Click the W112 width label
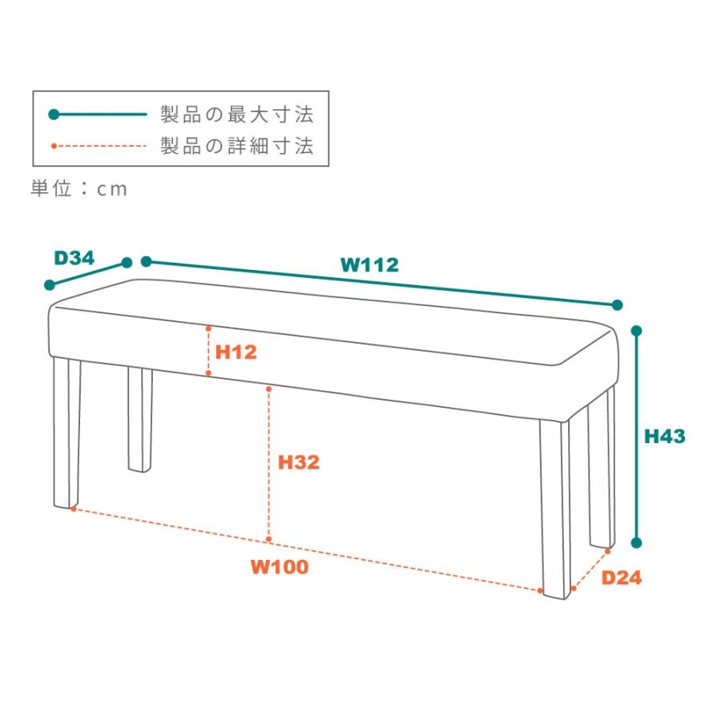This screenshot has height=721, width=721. (369, 265)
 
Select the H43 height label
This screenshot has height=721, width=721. (664, 436)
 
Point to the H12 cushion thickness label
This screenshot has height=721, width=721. (236, 352)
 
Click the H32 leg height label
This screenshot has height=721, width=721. (299, 462)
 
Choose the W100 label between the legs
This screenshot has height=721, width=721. (280, 566)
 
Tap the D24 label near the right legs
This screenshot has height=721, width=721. (621, 578)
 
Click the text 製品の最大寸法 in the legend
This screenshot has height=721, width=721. (237, 114)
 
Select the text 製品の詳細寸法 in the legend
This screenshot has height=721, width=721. (237, 146)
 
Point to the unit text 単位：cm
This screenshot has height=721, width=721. (79, 188)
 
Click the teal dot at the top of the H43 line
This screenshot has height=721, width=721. (636, 331)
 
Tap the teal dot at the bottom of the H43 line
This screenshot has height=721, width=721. (636, 543)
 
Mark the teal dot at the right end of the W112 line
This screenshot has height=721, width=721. (618, 305)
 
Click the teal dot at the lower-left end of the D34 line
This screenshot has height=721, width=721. (49, 285)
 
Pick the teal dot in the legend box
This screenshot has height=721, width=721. (54, 114)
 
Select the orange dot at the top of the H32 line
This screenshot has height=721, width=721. (268, 389)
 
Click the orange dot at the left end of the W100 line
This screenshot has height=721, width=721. (73, 509)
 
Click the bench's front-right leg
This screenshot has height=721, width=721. (555, 508)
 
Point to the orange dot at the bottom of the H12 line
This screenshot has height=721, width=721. (208, 373)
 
